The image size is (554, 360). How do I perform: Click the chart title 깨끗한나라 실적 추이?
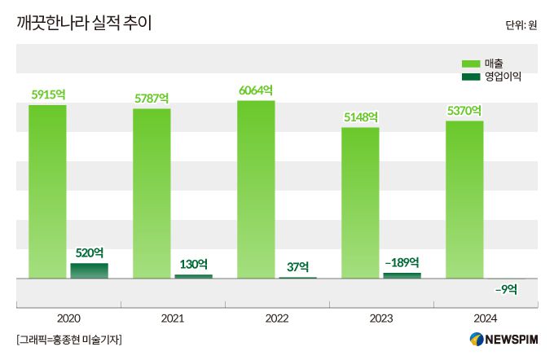[x=84, y=23]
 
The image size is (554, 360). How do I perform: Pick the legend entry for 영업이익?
[x=491, y=77]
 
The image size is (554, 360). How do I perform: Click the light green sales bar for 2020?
[x=47, y=191]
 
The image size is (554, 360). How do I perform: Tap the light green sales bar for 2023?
[x=360, y=204]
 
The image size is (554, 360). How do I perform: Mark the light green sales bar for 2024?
[x=464, y=200]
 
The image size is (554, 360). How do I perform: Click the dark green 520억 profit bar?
[x=89, y=270]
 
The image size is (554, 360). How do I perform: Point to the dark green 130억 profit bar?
[x=193, y=276]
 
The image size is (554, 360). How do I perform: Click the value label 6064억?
[x=256, y=90]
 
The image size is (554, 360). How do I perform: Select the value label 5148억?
[x=360, y=117]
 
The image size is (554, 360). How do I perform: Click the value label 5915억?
[x=47, y=94]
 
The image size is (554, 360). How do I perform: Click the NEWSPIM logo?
[x=503, y=340]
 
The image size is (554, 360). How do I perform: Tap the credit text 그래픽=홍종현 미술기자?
[x=68, y=340]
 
